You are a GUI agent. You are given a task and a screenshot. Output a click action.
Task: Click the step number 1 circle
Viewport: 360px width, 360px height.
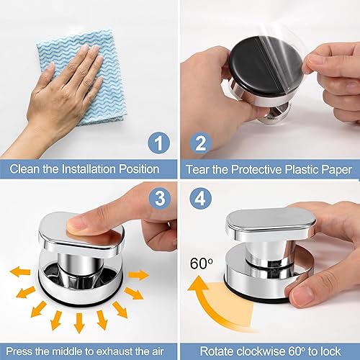click(x=158, y=143)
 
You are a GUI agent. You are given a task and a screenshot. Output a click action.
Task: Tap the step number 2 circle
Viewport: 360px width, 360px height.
click(x=201, y=143)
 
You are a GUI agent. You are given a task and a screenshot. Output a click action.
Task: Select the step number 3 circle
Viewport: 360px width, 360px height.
click(x=160, y=198)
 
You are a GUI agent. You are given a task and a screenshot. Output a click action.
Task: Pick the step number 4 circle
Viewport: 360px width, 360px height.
click(x=201, y=198)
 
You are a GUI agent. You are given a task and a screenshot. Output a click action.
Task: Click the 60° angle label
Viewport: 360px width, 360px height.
click(x=202, y=264)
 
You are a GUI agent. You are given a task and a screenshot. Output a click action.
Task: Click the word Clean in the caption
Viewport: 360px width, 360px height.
click(x=24, y=169)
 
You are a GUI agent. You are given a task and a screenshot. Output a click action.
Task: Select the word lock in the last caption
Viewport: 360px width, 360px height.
click(x=330, y=351)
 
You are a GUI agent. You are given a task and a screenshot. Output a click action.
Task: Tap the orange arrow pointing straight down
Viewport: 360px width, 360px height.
click(x=79, y=323)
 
